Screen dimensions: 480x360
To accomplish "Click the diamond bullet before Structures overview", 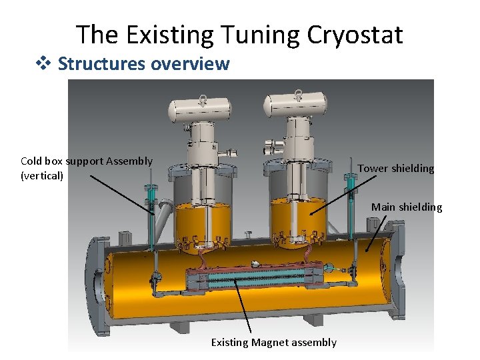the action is point(46,63).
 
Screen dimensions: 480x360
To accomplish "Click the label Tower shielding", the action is point(395,169).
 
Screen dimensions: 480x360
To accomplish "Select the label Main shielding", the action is point(406,207).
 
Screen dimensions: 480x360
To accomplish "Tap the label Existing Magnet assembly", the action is point(273,343).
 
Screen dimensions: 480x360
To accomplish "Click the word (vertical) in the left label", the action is point(42,176).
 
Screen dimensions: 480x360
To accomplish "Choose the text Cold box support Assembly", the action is point(87,161).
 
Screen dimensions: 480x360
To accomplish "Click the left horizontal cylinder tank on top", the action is point(198,109).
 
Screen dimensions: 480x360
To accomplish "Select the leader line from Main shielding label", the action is point(377,233).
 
